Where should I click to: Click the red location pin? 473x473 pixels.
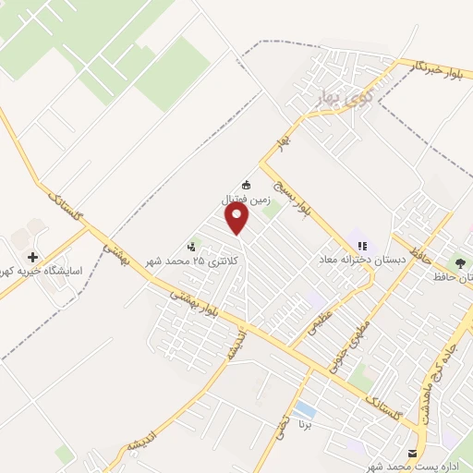(x=238, y=219)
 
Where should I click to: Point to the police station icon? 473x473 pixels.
(x=192, y=247)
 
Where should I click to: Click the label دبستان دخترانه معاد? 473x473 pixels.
(x=364, y=261)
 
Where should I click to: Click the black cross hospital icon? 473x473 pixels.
(x=33, y=257)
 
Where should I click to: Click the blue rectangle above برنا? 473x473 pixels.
(x=304, y=408)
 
